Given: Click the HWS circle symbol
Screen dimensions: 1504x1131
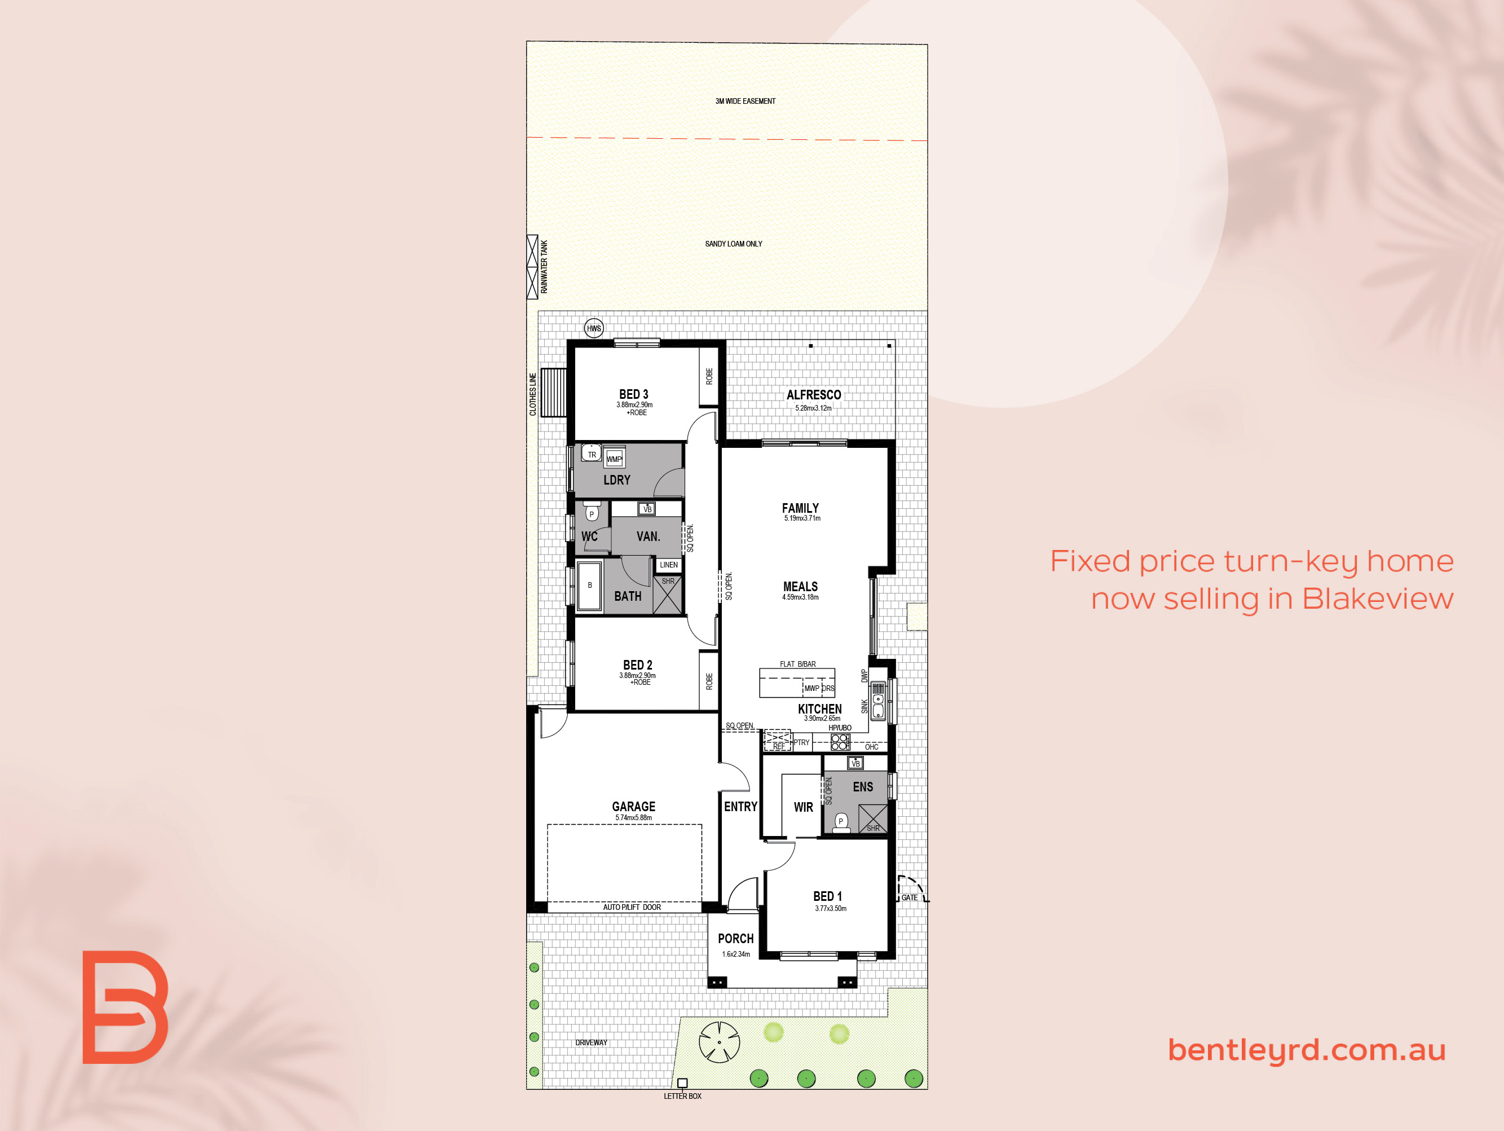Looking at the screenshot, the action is tap(594, 328).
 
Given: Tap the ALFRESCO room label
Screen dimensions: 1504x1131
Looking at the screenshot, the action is tap(814, 395).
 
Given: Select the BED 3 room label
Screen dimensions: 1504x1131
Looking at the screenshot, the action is tap(634, 394).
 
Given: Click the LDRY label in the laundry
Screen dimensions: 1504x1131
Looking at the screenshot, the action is tap(617, 480).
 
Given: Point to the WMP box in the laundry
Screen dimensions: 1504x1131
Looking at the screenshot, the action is tap(614, 459).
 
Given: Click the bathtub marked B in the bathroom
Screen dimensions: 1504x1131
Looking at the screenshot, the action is tap(589, 586).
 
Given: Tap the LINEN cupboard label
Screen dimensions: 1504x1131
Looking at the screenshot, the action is tap(668, 565).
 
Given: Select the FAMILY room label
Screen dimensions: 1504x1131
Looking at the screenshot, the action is tap(800, 508).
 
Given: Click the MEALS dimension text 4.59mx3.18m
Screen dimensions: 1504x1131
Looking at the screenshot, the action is tap(800, 597).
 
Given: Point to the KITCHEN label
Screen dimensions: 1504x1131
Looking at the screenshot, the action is tap(819, 708).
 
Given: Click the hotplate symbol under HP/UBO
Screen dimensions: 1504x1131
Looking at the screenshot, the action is tap(840, 741).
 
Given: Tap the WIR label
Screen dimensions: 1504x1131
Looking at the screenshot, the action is tap(803, 807).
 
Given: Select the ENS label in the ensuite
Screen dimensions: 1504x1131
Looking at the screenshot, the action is tap(863, 787).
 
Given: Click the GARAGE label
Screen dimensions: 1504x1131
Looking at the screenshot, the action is tap(634, 807).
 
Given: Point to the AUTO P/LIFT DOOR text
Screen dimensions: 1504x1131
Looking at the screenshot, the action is tap(632, 907).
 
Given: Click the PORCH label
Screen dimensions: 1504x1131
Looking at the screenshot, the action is tap(736, 939).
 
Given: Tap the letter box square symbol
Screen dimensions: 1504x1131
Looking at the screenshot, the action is tap(683, 1082).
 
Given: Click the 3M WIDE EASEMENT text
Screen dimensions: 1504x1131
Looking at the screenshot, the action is tap(745, 102).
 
